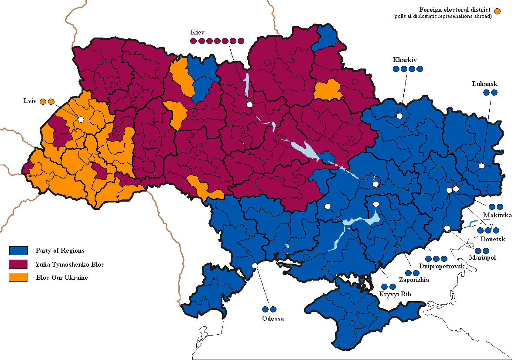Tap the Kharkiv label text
pos(403,60)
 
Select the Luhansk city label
pos(484,83)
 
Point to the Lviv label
pos(30,101)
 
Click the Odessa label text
pos(273,319)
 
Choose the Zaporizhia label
pos(414,280)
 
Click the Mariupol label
pos(482,257)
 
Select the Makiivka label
pos(497,215)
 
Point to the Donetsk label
pos(492,239)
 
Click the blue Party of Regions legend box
pos(18,250)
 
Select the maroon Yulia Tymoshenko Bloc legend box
pos(18,264)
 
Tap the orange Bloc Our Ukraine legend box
pos(18,278)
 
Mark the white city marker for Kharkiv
pos(399,116)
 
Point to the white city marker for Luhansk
pos(481,165)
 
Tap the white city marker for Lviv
pos(81,119)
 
